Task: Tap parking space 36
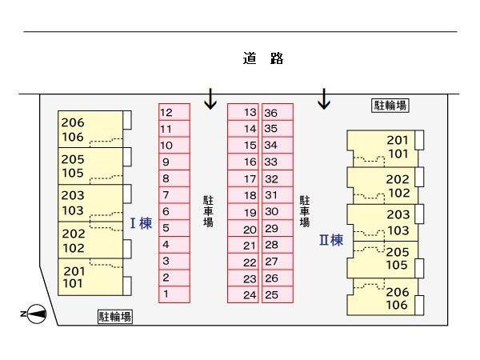tap(277, 113)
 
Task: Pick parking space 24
tap(243, 295)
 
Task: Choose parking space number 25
tap(277, 295)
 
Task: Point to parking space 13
tap(243, 113)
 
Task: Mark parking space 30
tap(277, 212)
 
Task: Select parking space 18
tap(243, 195)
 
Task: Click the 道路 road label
tap(263, 58)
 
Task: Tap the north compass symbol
tap(34, 315)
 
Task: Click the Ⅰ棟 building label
tap(142, 223)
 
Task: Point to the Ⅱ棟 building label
tap(331, 240)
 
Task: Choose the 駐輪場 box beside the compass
tap(115, 317)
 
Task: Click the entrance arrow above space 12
tap(210, 98)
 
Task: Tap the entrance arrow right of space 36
tap(324, 98)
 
